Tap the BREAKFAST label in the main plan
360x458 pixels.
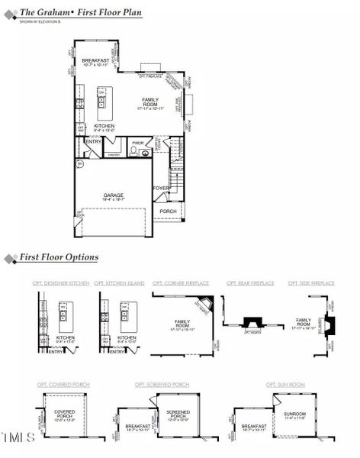point(96,62)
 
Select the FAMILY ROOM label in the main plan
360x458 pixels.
point(149,102)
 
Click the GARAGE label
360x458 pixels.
point(114,196)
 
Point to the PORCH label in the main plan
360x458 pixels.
point(167,211)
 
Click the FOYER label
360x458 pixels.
point(161,187)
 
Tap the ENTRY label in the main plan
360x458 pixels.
point(93,141)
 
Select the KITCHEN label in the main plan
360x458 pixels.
point(104,127)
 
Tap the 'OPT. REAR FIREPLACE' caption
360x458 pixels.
point(249,283)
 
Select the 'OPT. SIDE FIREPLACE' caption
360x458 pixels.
point(311,283)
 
